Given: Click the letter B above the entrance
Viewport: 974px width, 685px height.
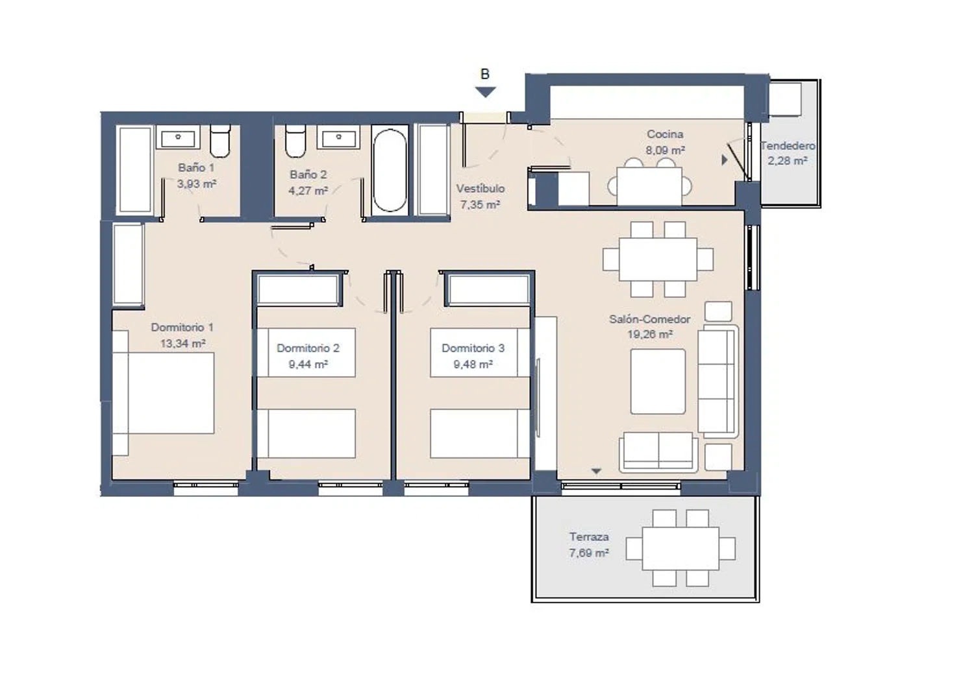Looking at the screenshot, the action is [x=485, y=75].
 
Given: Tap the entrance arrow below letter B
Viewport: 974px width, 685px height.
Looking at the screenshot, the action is [x=485, y=92].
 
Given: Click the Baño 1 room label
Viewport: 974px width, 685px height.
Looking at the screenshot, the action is [x=196, y=167].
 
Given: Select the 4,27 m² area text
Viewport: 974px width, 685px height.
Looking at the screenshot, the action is [x=308, y=191].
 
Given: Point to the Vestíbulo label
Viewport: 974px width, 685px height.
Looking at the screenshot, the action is [x=481, y=189].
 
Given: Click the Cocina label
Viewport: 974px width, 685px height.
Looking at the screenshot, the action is [x=665, y=134].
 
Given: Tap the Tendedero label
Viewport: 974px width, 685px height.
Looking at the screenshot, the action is [x=788, y=146].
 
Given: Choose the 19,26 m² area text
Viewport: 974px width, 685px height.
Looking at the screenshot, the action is [x=650, y=335].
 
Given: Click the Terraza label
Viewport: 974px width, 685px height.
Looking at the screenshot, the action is [x=589, y=537].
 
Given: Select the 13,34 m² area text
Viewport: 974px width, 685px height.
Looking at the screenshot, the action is [x=182, y=344].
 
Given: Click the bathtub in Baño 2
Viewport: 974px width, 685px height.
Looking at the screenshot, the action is [x=390, y=170].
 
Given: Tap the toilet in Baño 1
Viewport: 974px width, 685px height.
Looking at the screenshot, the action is [x=220, y=141].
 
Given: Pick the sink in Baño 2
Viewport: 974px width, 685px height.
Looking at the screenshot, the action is [x=338, y=138].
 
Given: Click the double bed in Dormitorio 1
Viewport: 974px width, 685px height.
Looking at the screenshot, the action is [x=164, y=392].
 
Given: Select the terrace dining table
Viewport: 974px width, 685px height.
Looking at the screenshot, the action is [x=681, y=548].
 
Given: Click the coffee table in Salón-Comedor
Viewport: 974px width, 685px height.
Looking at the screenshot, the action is [x=658, y=381].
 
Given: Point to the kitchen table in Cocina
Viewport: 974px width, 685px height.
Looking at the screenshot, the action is [x=649, y=186].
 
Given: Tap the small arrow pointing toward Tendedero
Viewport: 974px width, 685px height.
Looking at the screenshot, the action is [x=725, y=160].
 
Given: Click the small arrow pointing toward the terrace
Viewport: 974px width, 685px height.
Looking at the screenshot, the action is [x=596, y=471].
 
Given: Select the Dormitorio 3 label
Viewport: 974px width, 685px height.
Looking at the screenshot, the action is [x=473, y=348].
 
